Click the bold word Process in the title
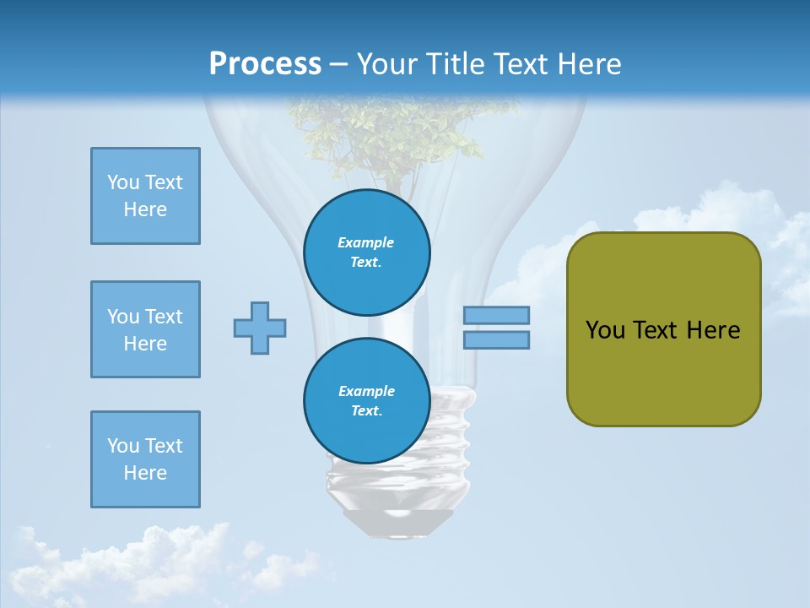(265, 63)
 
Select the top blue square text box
(145, 196)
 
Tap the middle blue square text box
(145, 329)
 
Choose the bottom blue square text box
(145, 459)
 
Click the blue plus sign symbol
(260, 328)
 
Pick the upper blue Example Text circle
(367, 252)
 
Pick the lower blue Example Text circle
(367, 401)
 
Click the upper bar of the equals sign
(496, 315)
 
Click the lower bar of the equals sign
(496, 339)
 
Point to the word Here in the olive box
(713, 330)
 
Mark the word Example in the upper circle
(365, 242)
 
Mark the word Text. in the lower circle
(366, 411)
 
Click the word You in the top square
(122, 182)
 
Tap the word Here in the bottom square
(145, 473)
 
